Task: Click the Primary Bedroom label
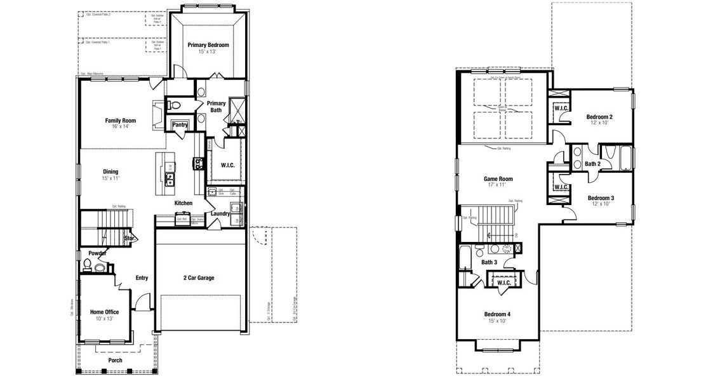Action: tap(208, 45)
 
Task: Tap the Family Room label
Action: tap(121, 120)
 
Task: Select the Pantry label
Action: tap(180, 124)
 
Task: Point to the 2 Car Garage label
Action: tap(199, 278)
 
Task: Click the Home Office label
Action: tap(104, 312)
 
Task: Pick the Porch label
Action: tap(115, 361)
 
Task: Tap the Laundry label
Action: tap(220, 214)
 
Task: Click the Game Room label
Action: tap(498, 179)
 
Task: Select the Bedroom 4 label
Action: tap(497, 314)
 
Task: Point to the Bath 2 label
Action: tap(592, 164)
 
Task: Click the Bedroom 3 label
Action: tap(600, 197)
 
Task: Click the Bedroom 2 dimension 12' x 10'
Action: tap(599, 123)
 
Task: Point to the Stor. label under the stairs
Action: tap(130, 238)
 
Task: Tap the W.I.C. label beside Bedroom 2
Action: tap(561, 108)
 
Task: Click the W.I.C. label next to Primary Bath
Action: tap(228, 166)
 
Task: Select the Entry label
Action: tap(141, 277)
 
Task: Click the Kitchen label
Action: tap(183, 203)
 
